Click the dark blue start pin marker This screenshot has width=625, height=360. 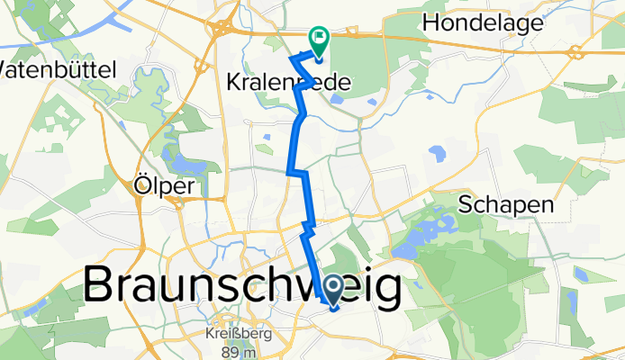pyautogui.click(x=332, y=290)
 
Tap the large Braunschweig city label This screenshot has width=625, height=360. pyautogui.click(x=243, y=288)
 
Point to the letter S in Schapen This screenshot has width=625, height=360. pyautogui.click(x=466, y=204)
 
